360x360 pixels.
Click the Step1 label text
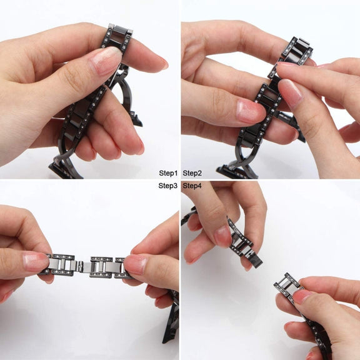(168, 173)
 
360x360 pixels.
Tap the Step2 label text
(192, 173)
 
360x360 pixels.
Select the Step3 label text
(168, 186)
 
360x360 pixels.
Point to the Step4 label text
(192, 186)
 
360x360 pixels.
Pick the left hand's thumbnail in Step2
(250, 111)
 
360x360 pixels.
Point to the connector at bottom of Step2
(236, 171)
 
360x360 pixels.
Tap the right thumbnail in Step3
(136, 264)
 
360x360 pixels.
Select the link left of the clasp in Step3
(62, 265)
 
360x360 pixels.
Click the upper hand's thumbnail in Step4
(222, 236)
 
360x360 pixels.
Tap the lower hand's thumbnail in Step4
(302, 297)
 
